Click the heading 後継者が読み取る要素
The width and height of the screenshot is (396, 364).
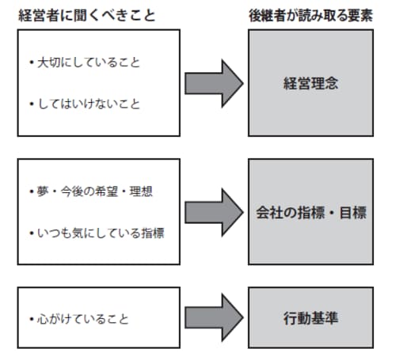tap(310, 15)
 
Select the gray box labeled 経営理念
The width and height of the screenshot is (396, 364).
tap(310, 82)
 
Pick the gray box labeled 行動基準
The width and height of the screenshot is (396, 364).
tap(310, 319)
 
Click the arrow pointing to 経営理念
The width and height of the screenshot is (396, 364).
tap(213, 82)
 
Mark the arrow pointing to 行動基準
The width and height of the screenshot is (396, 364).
tap(213, 319)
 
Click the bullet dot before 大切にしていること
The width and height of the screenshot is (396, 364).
tap(30, 60)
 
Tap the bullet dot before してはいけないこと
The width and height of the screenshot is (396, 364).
tap(30, 104)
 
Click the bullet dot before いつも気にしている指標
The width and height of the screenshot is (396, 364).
tap(30, 234)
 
